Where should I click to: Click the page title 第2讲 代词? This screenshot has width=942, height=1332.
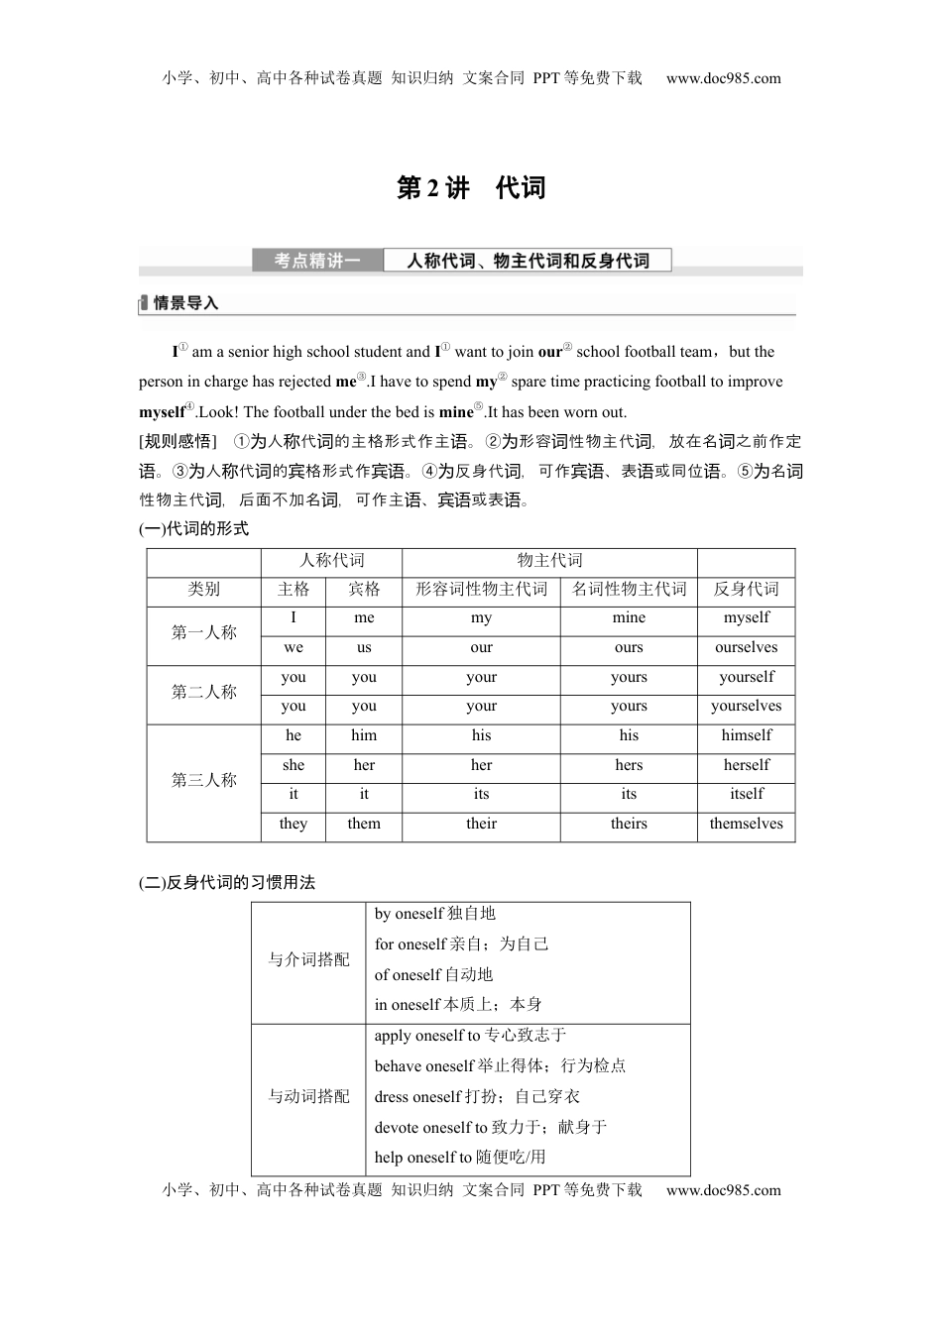(471, 188)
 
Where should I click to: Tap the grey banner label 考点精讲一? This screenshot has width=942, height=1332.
(316, 261)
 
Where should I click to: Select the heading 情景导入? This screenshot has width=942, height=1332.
(184, 303)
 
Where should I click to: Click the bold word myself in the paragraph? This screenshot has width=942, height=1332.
(162, 412)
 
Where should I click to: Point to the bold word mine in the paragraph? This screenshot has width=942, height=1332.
(456, 412)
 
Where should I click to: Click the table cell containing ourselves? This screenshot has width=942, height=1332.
(746, 648)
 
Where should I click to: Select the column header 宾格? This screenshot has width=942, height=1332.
(364, 590)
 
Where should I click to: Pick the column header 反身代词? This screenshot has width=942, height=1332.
(746, 590)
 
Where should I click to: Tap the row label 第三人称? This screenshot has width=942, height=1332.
(203, 781)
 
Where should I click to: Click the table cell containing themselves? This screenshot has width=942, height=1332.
(746, 825)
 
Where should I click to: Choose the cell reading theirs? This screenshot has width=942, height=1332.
(629, 825)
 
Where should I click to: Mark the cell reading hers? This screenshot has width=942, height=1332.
(629, 766)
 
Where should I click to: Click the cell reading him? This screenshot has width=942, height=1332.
(364, 736)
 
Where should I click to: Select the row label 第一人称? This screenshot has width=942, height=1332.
(203, 633)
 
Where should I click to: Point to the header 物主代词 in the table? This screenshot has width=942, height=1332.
(549, 561)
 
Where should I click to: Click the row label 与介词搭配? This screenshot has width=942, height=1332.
(308, 960)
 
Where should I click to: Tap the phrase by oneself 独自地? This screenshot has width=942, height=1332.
(434, 914)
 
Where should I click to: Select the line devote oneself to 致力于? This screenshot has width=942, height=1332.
(490, 1128)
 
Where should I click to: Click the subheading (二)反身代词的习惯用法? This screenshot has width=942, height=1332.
(227, 883)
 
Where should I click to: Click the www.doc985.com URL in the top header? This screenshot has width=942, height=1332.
(723, 78)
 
